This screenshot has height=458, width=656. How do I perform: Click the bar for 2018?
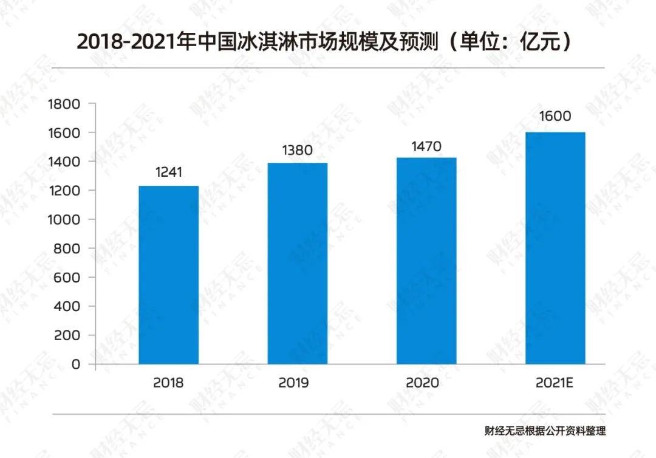168,275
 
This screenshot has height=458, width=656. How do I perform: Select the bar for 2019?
297,263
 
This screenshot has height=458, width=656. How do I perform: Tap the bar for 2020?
426,261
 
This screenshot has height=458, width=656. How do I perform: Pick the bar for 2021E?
555,248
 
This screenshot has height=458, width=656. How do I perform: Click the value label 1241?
168,173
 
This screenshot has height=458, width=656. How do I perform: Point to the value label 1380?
298,149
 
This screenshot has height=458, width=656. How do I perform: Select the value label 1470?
426,146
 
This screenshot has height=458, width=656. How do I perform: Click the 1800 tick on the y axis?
63,104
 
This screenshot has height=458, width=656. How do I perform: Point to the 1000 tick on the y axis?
63,219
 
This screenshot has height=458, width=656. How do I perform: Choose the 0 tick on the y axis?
75,364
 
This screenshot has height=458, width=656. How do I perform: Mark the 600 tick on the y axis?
67,278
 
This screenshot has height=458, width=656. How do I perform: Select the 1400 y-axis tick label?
63,162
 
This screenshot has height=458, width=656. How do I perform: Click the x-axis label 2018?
168,383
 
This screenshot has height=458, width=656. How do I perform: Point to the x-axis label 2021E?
555,383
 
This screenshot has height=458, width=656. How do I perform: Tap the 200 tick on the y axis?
67,335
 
